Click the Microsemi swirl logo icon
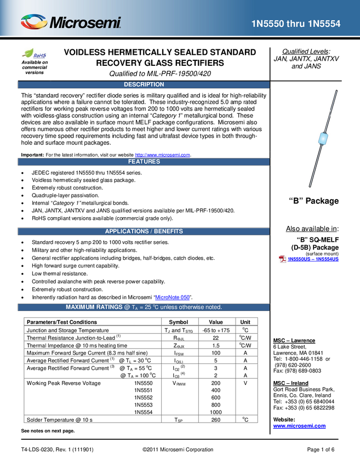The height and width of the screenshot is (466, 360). pyautogui.click(x=34, y=22)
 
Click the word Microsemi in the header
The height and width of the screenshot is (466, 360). pyautogui.click(x=85, y=23)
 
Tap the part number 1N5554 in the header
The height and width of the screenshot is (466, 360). pyautogui.click(x=324, y=24)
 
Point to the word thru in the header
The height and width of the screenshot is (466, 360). pyautogui.click(x=295, y=24)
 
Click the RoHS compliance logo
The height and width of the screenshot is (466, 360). pyautogui.click(x=36, y=54)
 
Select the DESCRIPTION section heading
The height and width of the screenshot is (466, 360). pyautogui.click(x=144, y=84)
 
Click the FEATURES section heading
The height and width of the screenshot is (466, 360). pyautogui.click(x=144, y=162)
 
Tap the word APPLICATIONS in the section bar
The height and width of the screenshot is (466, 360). pyautogui.click(x=127, y=231)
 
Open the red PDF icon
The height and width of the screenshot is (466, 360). pyautogui.click(x=282, y=259)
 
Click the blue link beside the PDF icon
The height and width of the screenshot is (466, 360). pyautogui.click(x=313, y=259)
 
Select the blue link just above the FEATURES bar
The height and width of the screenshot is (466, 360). pyautogui.click(x=163, y=155)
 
